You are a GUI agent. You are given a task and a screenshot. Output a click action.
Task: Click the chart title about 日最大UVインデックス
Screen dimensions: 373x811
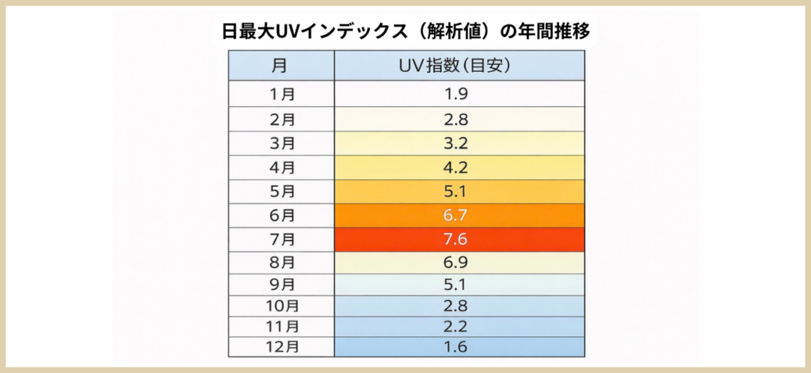point(405,32)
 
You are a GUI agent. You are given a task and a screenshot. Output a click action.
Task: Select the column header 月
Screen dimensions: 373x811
point(282,65)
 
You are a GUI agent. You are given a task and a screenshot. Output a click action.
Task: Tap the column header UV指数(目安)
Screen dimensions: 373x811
point(459,65)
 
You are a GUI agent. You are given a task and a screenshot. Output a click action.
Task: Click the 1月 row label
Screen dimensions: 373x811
point(282,93)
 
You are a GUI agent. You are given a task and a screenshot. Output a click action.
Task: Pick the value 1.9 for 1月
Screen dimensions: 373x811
point(459,93)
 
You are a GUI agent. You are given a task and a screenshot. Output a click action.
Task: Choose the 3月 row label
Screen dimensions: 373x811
point(282,143)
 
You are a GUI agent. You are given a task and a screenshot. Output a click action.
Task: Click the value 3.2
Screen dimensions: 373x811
point(459,143)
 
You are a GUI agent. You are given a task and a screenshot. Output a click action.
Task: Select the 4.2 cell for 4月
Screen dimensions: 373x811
point(459,167)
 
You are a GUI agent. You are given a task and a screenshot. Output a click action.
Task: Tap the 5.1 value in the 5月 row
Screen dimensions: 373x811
point(459,191)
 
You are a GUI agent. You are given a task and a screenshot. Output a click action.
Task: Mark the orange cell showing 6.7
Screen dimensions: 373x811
point(459,215)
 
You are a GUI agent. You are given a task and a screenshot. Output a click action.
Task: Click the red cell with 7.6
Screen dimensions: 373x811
point(459,238)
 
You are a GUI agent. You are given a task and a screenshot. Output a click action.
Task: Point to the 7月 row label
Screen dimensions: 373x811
point(282,238)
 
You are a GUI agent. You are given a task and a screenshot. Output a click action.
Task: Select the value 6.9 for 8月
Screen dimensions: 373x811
point(459,261)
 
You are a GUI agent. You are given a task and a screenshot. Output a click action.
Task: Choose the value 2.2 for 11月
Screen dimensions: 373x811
point(459,325)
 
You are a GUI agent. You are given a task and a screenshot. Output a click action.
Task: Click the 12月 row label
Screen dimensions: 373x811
point(282,345)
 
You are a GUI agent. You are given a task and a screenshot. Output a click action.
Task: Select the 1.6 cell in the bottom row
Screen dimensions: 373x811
point(459,345)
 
